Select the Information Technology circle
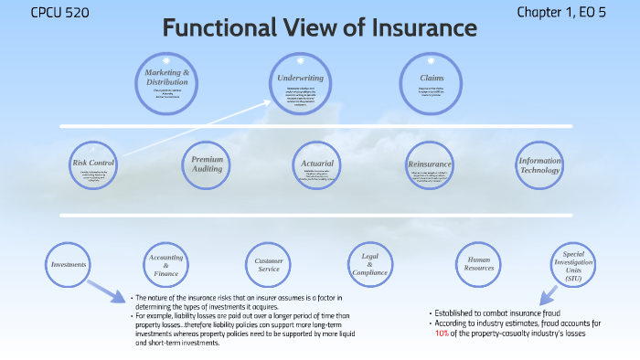tap(539, 163)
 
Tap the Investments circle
tap(69, 265)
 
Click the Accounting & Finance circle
tap(165, 265)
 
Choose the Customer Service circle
tap(268, 265)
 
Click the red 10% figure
tap(442, 334)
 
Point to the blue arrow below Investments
tap(108, 293)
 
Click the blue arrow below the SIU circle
tap(548, 294)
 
